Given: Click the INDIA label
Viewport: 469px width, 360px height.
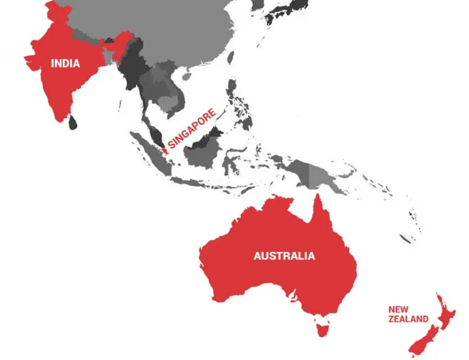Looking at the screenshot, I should point(65,63).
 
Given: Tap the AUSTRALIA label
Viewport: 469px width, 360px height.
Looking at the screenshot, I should point(285,255).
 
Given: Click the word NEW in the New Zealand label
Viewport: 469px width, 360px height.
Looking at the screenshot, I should point(398,309).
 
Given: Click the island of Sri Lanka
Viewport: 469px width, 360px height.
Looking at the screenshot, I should point(73,122).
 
